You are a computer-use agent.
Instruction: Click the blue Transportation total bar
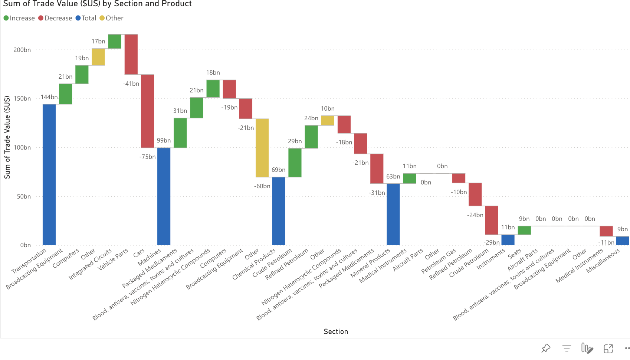tap(49, 174)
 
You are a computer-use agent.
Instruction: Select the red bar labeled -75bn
tap(147, 111)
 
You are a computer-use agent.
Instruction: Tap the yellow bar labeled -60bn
tap(262, 148)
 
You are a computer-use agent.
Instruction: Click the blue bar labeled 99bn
tap(164, 196)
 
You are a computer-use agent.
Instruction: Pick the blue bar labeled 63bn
tap(393, 214)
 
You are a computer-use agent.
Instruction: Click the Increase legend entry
tap(19, 18)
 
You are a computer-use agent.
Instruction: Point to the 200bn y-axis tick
tap(22, 50)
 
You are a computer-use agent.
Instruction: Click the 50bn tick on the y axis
tap(24, 196)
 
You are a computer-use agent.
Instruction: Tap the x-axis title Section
tap(336, 331)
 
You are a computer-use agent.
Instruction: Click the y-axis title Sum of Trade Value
tap(7, 137)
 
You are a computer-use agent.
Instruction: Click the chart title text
tap(97, 4)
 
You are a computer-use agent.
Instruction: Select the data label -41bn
tap(131, 84)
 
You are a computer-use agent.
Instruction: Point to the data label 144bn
tap(49, 97)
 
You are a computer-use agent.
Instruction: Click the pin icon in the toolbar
tap(546, 348)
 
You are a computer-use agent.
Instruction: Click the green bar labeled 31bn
tap(180, 133)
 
